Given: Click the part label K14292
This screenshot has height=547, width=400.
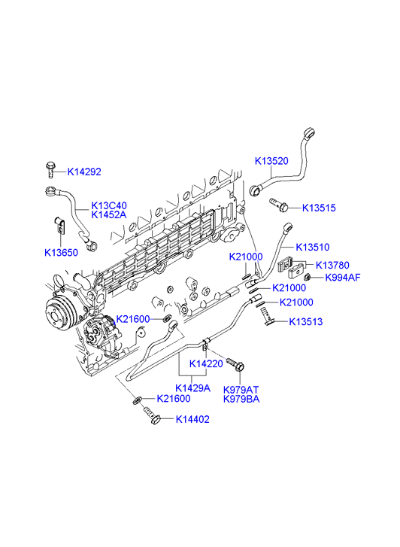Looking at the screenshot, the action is click(x=84, y=172).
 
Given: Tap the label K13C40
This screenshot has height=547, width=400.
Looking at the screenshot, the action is click(x=109, y=205).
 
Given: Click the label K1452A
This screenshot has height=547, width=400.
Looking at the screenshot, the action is click(x=109, y=214).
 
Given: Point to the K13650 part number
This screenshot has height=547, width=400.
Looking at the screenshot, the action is click(x=62, y=252).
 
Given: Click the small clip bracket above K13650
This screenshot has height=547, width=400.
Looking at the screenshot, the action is click(x=59, y=225).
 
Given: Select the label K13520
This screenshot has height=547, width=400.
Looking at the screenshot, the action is click(x=271, y=161).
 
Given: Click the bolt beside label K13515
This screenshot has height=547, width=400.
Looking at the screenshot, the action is click(x=278, y=205).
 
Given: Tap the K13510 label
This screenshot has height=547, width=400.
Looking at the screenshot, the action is click(x=313, y=247).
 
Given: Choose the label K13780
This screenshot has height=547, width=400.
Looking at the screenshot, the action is click(x=332, y=265).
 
